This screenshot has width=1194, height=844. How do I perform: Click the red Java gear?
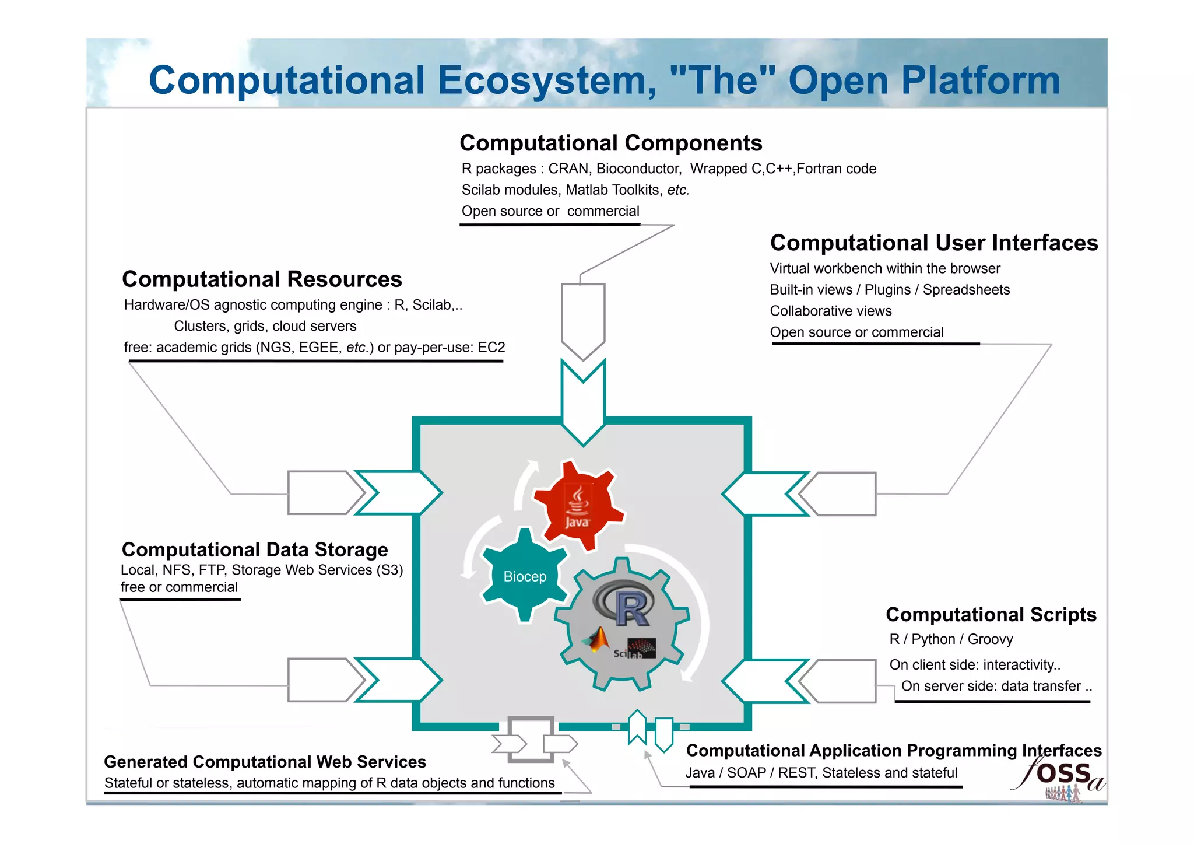click(x=577, y=505)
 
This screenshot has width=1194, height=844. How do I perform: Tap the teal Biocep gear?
click(x=525, y=576)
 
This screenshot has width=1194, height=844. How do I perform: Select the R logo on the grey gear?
click(x=623, y=604)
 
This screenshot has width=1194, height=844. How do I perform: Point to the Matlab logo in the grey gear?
click(x=596, y=640)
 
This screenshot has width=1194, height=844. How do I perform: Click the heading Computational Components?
click(x=610, y=143)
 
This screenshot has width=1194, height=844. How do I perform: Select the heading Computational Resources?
click(x=262, y=279)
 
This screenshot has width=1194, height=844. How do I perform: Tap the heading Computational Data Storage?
click(x=255, y=549)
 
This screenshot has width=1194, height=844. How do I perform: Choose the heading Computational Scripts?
click(x=991, y=614)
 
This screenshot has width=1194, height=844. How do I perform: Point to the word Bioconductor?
click(x=638, y=169)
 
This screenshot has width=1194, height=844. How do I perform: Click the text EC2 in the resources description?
click(x=491, y=348)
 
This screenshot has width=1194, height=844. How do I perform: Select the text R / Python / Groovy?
click(x=951, y=639)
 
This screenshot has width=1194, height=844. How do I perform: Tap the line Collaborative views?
click(x=830, y=311)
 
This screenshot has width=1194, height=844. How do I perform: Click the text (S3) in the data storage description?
click(x=389, y=570)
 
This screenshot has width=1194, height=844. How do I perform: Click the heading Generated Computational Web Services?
click(x=265, y=762)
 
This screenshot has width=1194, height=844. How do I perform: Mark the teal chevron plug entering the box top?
click(x=583, y=402)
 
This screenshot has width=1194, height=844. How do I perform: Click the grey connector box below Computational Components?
click(x=583, y=318)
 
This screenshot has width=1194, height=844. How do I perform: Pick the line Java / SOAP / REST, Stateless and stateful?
click(x=821, y=773)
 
